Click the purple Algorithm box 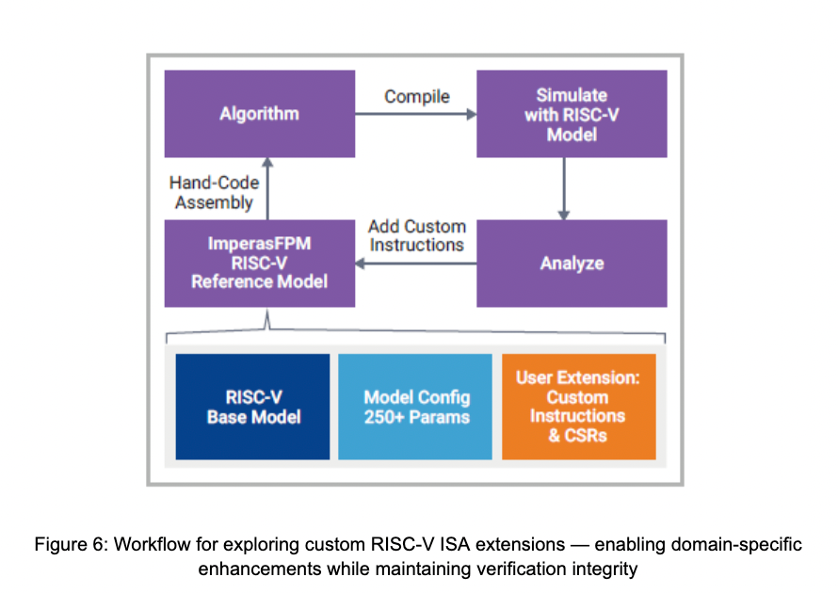click(x=259, y=114)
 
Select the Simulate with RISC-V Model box click(x=572, y=114)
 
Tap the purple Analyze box click(x=572, y=264)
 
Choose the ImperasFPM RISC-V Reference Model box click(x=259, y=264)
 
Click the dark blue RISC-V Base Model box click(x=253, y=407)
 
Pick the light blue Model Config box click(x=416, y=407)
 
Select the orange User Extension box click(x=577, y=407)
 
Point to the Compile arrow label click(x=417, y=96)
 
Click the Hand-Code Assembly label click(x=214, y=193)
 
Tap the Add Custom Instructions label click(x=417, y=235)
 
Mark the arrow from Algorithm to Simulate click(x=416, y=115)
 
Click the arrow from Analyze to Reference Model click(x=416, y=264)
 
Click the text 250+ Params click(x=416, y=416)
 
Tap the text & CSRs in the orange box click(x=576, y=435)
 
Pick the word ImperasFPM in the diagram click(x=259, y=243)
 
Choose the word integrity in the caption click(x=611, y=569)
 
